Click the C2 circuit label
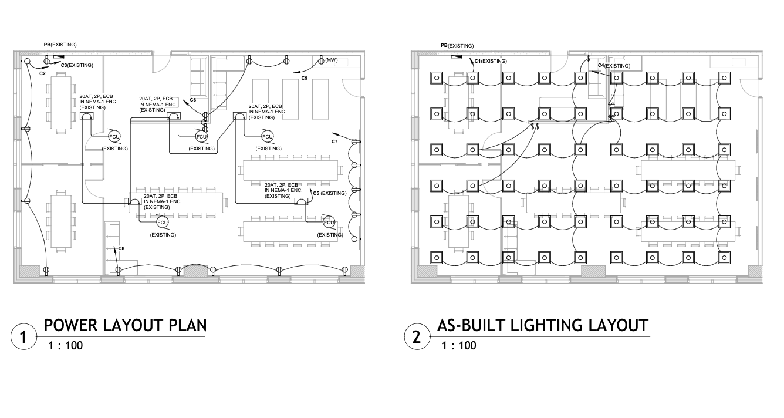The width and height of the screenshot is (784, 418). point(42,73)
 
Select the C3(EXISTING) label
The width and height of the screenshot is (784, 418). point(77,65)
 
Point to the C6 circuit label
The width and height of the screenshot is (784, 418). point(192,100)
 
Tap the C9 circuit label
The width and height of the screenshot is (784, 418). point(305,78)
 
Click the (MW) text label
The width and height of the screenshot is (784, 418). point(332,60)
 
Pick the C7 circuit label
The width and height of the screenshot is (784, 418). point(334,141)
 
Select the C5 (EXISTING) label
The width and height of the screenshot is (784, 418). point(329,193)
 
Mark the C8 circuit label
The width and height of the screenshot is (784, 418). point(121,249)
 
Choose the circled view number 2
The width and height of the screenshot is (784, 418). point(417,338)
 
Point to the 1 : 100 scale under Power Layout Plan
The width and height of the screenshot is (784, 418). point(65,345)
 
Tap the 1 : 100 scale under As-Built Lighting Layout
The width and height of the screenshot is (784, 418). point(459,345)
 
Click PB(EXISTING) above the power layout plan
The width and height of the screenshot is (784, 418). point(60,45)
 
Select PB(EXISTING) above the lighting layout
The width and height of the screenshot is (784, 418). point(457,46)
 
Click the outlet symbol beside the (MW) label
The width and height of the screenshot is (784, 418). point(321,60)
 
